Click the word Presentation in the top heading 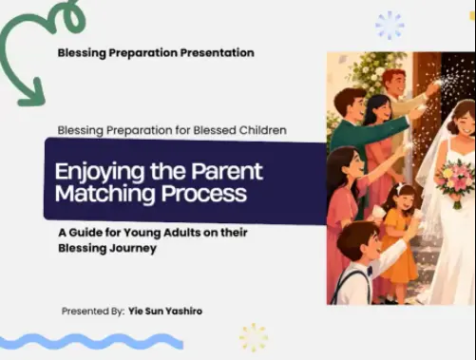tap(218, 53)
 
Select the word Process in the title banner tap(204, 193)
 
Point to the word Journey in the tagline tap(133, 248)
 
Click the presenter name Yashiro tap(183, 312)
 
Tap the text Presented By tap(93, 312)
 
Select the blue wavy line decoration tap(91, 342)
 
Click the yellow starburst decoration tap(254, 337)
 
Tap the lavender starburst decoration tap(390, 26)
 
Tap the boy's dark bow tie tap(370, 270)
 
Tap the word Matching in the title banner tap(105, 194)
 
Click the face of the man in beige tap(395, 82)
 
